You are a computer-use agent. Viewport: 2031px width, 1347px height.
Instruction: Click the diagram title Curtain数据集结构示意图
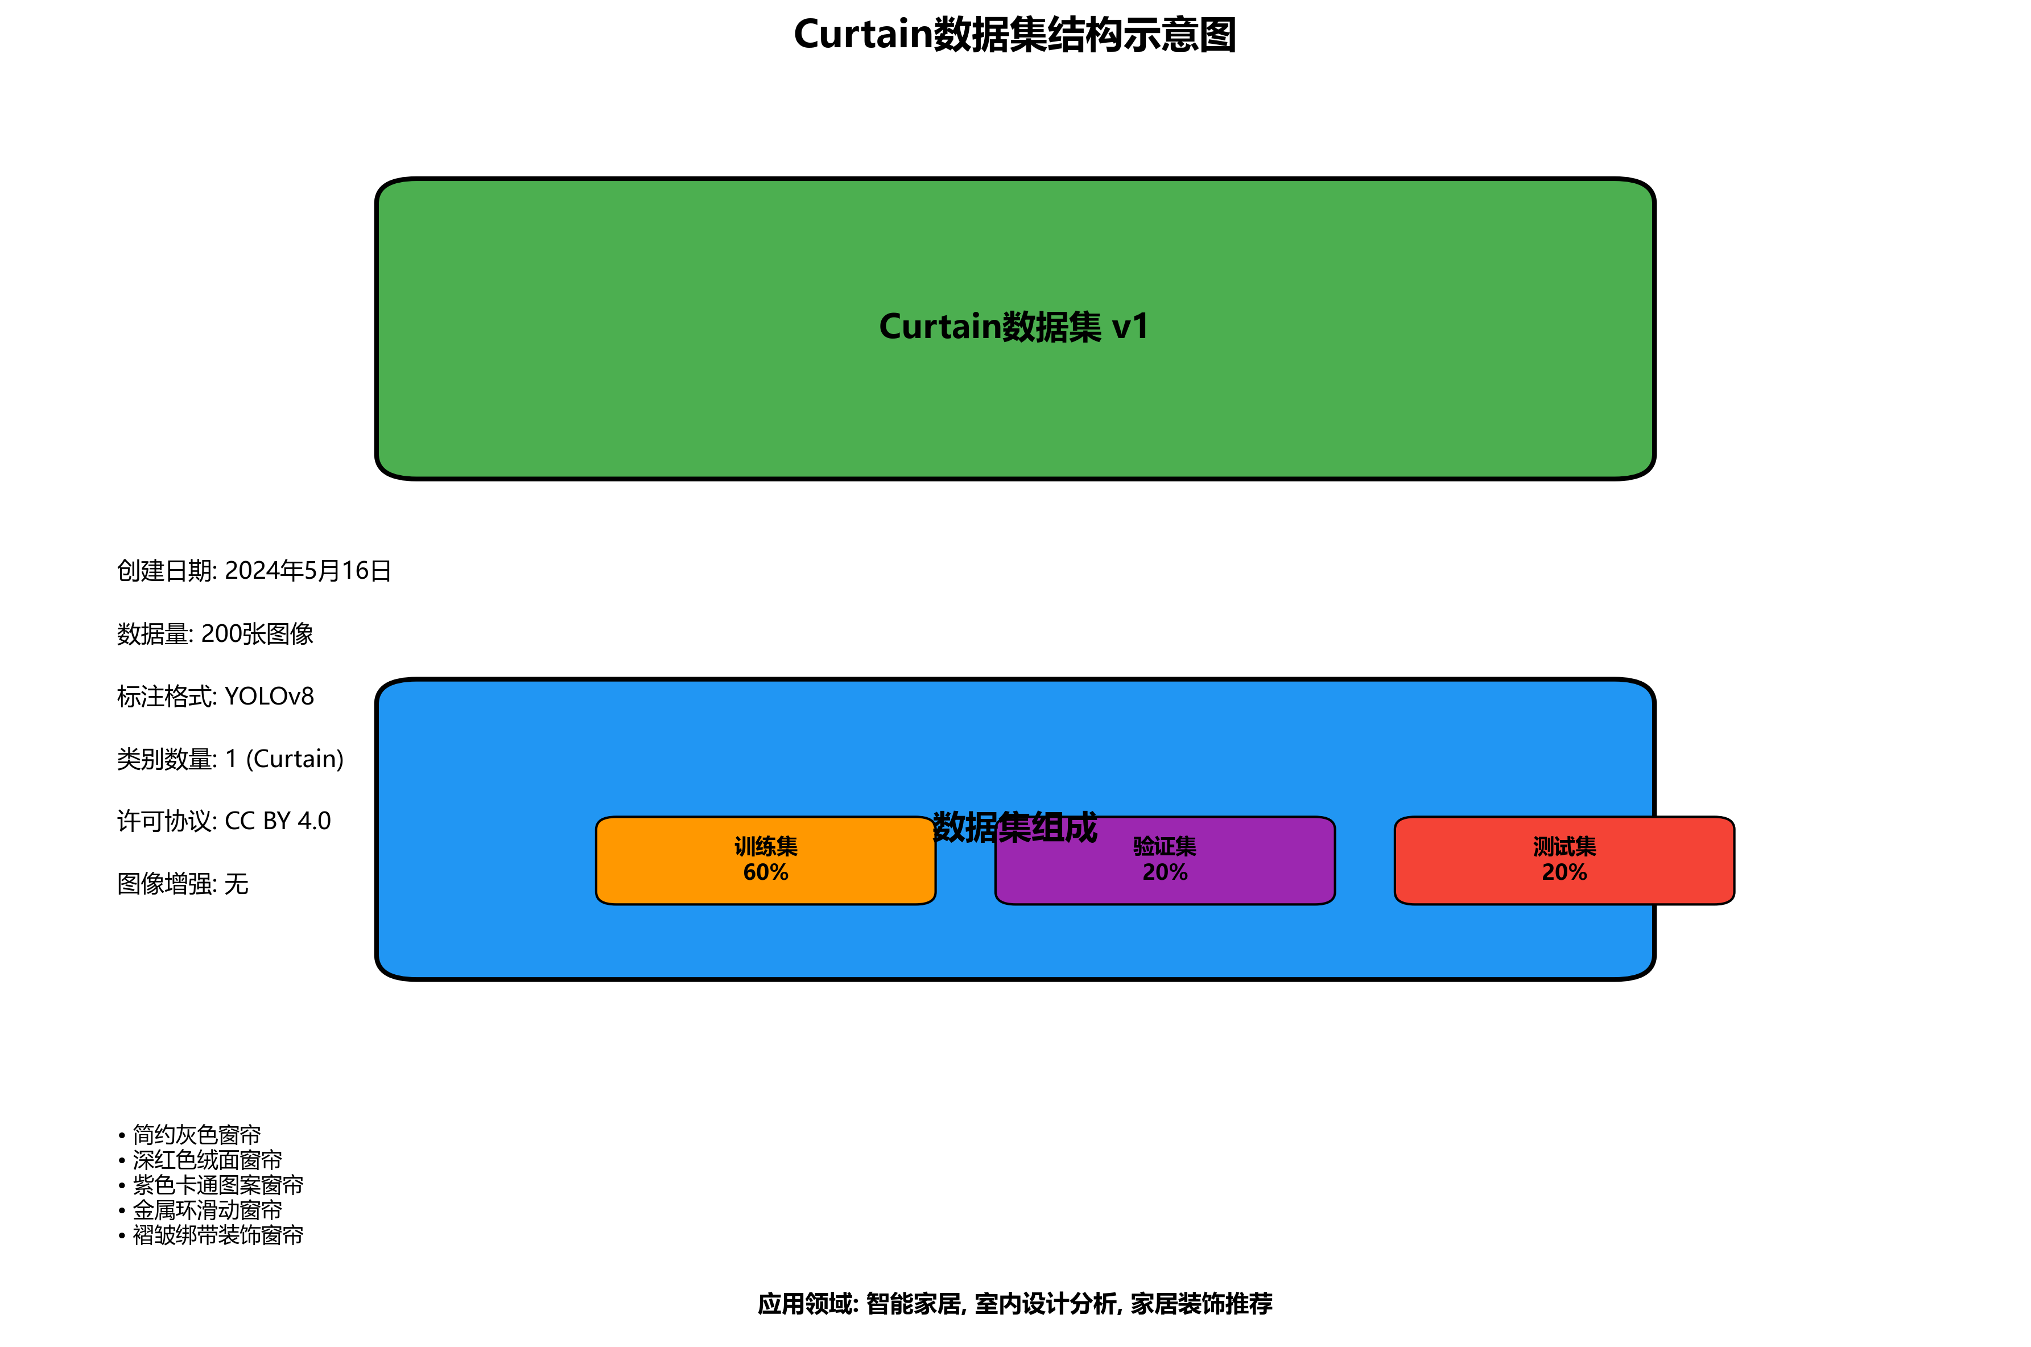coord(1014,35)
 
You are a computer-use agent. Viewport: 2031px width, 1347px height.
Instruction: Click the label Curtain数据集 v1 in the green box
coord(1014,327)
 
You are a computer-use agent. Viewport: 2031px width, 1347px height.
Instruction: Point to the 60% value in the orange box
coord(765,873)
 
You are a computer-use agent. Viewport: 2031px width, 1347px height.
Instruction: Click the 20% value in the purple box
coord(1165,873)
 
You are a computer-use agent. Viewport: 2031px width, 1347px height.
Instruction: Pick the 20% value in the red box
coord(1564,873)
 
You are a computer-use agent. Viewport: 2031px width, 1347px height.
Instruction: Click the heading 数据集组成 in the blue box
coord(1014,826)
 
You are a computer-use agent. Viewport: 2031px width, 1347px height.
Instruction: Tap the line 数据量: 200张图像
coord(214,634)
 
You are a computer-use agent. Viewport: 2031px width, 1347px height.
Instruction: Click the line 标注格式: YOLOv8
coord(216,697)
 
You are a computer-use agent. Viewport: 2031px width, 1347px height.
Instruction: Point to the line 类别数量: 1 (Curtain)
coord(230,759)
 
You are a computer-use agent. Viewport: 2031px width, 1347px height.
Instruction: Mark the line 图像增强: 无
coord(183,884)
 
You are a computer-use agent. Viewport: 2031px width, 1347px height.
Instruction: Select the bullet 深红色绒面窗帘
coord(207,1160)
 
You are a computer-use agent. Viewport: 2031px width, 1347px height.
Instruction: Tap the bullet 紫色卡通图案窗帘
coord(217,1185)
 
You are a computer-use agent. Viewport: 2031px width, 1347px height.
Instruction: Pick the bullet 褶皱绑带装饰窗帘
coord(217,1235)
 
